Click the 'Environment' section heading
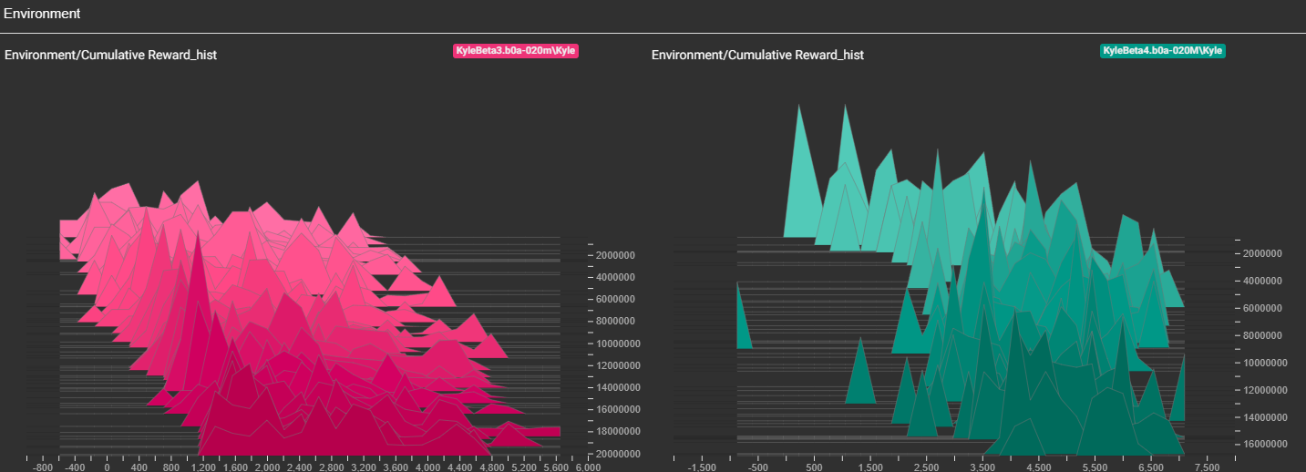(x=42, y=14)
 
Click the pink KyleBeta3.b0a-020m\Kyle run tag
(x=516, y=51)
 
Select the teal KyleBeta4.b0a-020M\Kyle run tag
(x=1162, y=51)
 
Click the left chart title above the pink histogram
(x=110, y=56)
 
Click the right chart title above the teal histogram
(x=757, y=56)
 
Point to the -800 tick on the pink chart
(x=42, y=467)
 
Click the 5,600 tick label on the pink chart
(x=555, y=467)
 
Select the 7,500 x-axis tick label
(x=1207, y=467)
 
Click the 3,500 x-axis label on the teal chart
(x=982, y=467)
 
